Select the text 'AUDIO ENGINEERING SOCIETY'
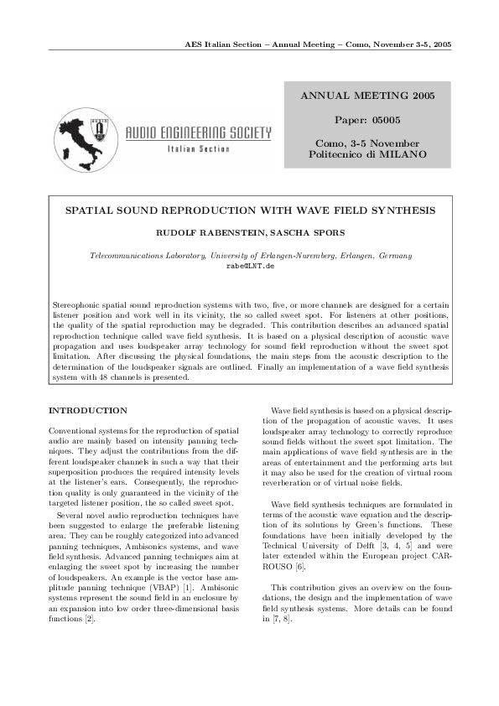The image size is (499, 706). click(x=198, y=132)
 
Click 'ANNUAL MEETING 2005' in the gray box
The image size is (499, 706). click(x=367, y=96)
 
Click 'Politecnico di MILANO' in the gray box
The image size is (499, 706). click(x=367, y=155)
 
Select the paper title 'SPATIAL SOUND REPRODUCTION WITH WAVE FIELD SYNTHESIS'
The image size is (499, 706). click(x=250, y=210)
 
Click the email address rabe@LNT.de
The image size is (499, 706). click(x=250, y=265)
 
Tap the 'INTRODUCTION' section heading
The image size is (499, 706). click(x=88, y=410)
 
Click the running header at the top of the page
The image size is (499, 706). click(x=318, y=44)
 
